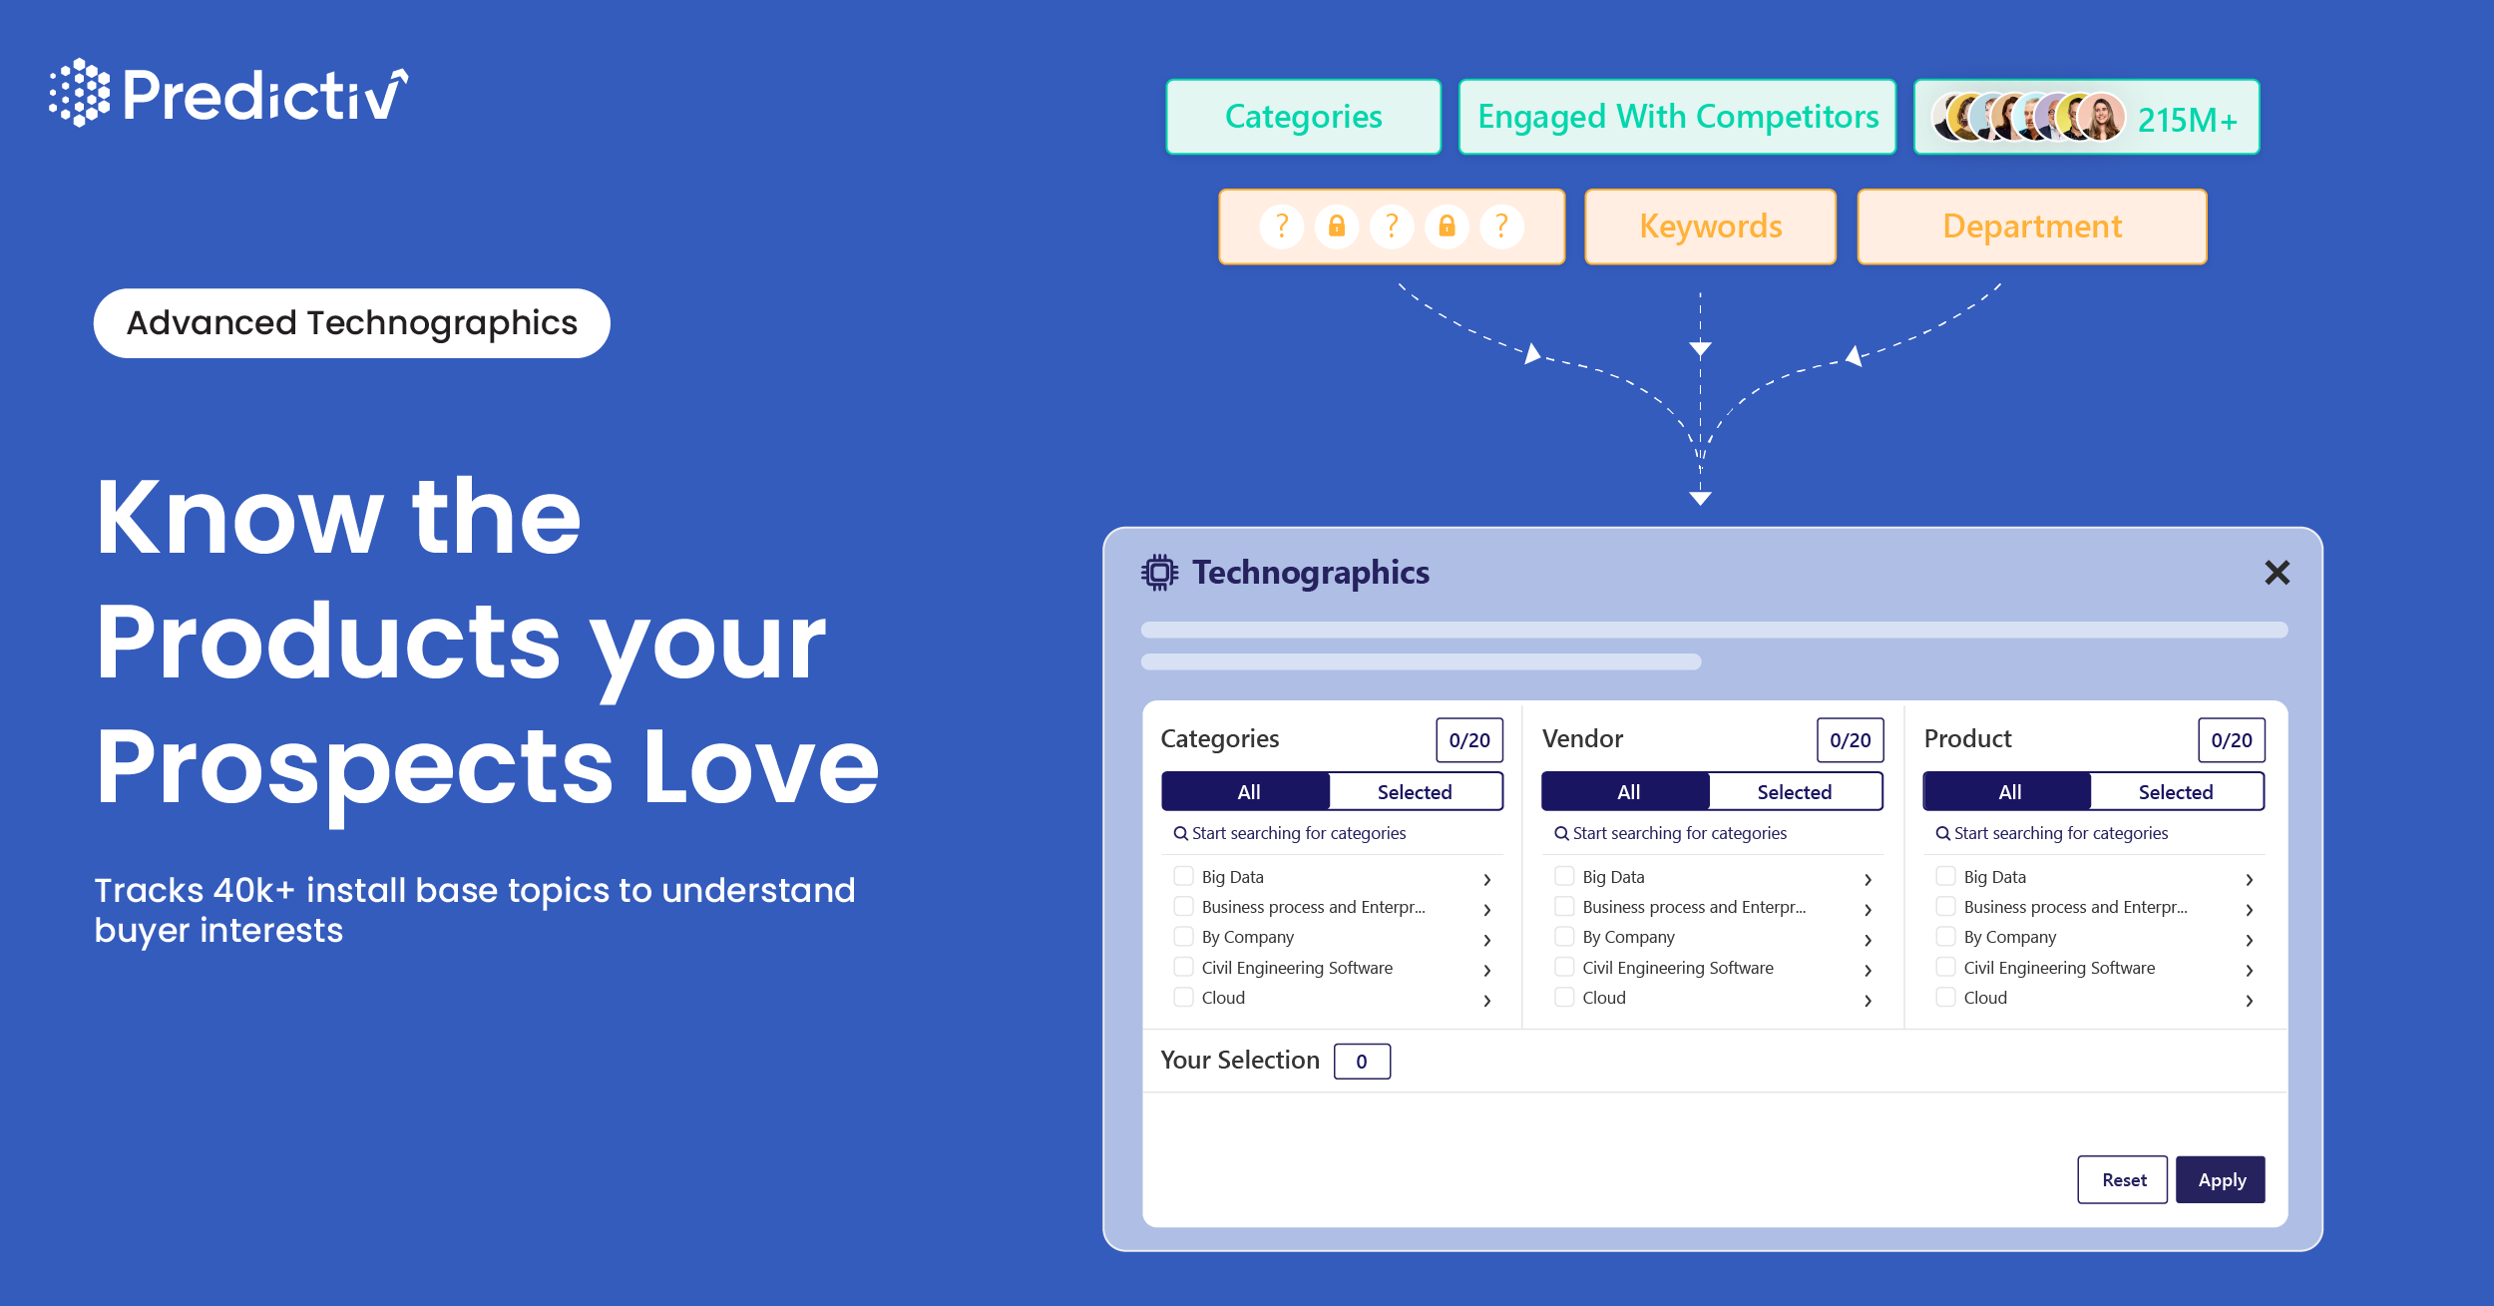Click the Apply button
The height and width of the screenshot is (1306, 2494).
[2220, 1179]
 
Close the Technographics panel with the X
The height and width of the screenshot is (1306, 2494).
[2277, 573]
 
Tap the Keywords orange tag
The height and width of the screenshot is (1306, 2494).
[1710, 226]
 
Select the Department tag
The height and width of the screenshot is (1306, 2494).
[2031, 226]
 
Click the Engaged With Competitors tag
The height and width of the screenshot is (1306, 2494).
[1677, 117]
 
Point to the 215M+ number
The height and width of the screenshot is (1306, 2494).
[2187, 120]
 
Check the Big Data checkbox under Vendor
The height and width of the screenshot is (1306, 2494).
[1564, 876]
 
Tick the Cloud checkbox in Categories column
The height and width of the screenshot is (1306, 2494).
[1183, 997]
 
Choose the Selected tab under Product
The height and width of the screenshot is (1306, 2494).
[2175, 791]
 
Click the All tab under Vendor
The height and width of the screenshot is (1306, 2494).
[1627, 791]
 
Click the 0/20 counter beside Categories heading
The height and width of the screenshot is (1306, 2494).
[1468, 740]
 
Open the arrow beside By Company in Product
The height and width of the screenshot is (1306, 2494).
[2249, 939]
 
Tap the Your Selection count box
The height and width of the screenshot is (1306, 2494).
[1361, 1062]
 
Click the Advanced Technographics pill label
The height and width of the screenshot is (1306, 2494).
[351, 323]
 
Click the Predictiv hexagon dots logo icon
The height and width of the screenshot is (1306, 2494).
[79, 93]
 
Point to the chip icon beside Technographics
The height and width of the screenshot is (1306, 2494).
[1159, 573]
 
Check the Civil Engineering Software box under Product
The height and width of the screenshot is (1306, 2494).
[1945, 967]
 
